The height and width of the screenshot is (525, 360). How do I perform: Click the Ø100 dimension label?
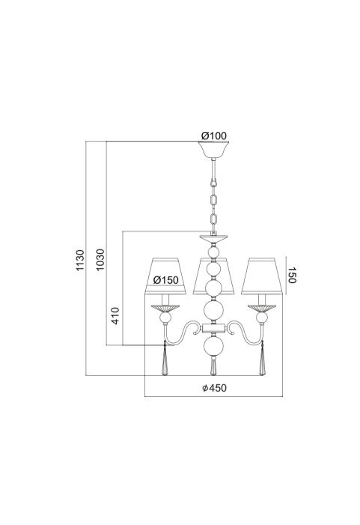214,136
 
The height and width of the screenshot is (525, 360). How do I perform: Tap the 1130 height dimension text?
80,260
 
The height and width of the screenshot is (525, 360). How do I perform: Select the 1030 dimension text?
100,260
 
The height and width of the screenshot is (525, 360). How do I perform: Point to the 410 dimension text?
115,315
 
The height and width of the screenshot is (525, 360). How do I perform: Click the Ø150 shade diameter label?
165,280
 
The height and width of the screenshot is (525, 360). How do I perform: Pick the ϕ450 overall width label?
215,388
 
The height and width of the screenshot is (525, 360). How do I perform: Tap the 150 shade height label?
292,275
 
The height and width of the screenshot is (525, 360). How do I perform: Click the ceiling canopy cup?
213,151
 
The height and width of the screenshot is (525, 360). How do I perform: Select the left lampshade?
165,276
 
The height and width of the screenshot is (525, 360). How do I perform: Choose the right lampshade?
262,276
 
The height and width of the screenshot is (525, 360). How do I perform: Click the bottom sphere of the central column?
214,347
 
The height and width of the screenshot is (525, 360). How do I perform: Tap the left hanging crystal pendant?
165,358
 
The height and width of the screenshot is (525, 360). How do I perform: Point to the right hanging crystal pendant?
262,358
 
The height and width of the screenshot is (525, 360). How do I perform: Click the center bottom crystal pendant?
213,366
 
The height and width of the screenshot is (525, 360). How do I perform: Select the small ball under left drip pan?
165,318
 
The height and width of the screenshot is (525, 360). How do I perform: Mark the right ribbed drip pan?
262,308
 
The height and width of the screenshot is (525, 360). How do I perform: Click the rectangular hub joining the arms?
213,328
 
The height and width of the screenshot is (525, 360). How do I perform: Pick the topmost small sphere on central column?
213,252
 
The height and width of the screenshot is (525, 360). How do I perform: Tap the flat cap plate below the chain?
213,239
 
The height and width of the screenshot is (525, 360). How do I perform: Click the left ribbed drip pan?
165,308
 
